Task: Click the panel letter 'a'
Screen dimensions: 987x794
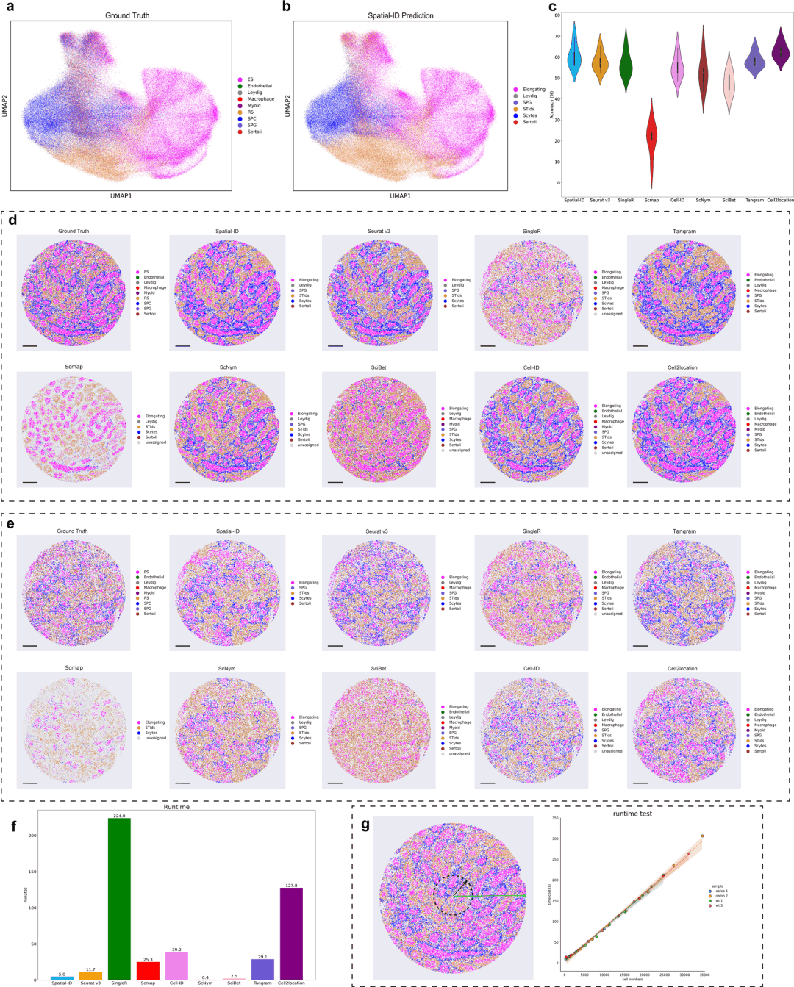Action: tap(10, 7)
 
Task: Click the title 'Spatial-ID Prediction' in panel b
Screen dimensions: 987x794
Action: tap(401, 15)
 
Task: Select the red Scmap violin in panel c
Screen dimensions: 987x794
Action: tap(651, 136)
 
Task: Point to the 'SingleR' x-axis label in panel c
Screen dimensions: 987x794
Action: tap(626, 200)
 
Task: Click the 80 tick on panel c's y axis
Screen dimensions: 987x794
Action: tap(557, 15)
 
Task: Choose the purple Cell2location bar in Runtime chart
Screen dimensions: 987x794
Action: tap(291, 933)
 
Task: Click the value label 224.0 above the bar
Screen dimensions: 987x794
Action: tap(119, 816)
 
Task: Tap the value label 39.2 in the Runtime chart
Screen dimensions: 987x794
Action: tap(176, 950)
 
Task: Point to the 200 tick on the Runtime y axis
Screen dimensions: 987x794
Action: tap(32, 836)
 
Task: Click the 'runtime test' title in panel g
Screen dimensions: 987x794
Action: tap(632, 814)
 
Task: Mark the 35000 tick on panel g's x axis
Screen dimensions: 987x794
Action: tap(704, 975)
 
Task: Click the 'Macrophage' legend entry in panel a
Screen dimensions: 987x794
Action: tap(260, 99)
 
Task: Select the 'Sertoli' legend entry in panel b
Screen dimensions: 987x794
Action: tap(529, 122)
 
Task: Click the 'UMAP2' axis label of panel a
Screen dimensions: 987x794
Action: tap(5, 105)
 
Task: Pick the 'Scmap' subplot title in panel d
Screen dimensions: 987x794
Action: tap(74, 367)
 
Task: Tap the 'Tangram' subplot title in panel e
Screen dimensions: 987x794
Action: tap(684, 531)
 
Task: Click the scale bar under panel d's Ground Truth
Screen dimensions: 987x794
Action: tap(30, 345)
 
